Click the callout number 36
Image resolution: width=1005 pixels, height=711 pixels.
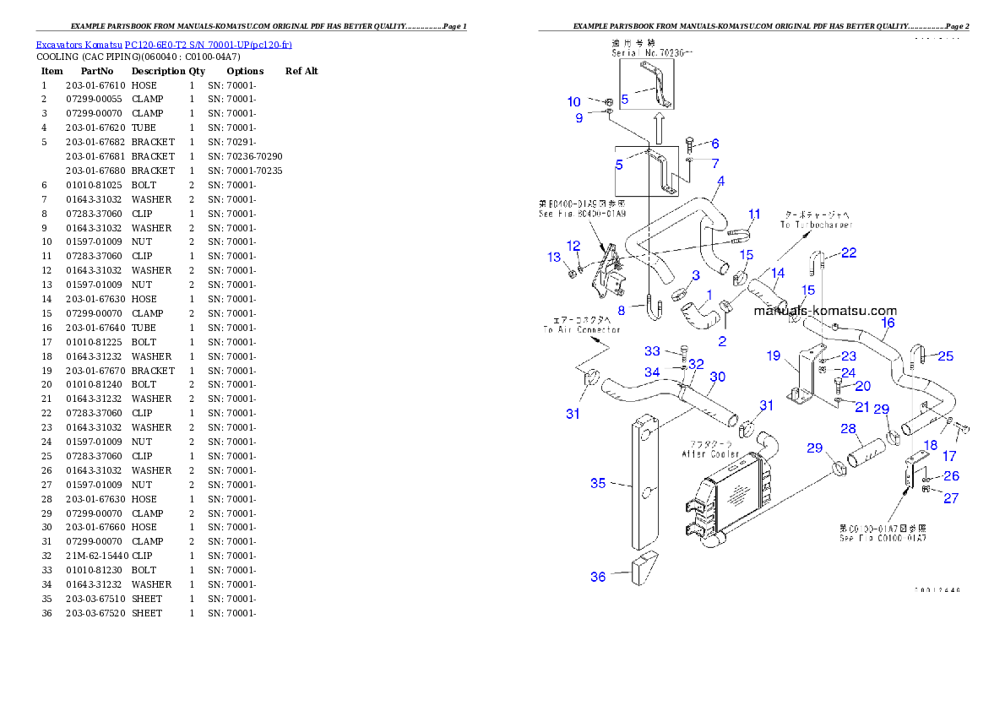coord(598,577)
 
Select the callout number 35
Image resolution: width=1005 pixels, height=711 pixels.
coord(598,484)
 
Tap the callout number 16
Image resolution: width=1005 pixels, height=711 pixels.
coord(888,323)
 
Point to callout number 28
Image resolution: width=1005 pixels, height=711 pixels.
coord(848,429)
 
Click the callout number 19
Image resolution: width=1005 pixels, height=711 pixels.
coord(774,356)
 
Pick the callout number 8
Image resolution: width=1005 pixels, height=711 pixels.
coord(621,311)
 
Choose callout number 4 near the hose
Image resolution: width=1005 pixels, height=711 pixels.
coord(720,181)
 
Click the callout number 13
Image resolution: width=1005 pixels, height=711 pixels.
coord(554,257)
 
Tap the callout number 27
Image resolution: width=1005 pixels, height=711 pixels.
coord(951,498)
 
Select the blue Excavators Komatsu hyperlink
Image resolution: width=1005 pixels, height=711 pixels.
coord(164,44)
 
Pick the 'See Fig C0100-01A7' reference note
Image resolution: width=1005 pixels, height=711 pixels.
coord(883,537)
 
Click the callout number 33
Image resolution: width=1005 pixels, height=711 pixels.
coord(652,351)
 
